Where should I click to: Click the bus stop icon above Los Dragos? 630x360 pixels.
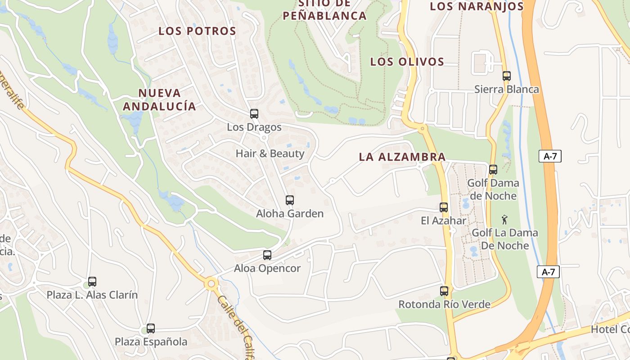click(x=254, y=114)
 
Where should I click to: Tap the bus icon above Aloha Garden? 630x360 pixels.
click(x=290, y=200)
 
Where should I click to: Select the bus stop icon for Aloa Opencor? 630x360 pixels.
click(x=267, y=255)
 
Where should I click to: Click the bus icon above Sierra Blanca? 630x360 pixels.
click(x=507, y=76)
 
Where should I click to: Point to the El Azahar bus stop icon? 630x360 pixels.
click(x=444, y=207)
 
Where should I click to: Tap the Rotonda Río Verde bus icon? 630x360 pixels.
click(x=444, y=291)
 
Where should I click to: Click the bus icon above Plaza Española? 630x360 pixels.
click(x=151, y=328)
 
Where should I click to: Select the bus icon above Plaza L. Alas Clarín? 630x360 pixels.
click(x=92, y=282)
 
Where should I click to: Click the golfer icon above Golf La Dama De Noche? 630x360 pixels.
click(x=504, y=220)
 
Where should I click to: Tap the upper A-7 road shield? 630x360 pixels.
click(x=550, y=156)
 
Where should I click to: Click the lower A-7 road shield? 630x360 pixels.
click(x=548, y=272)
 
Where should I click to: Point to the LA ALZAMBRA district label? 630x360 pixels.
click(x=402, y=157)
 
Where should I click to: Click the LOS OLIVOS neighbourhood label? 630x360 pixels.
click(x=407, y=62)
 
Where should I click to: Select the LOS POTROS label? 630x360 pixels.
click(x=197, y=31)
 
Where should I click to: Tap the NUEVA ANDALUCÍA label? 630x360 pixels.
click(x=159, y=99)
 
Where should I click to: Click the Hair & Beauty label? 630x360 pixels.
click(x=270, y=153)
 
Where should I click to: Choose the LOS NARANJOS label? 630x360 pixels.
click(x=477, y=6)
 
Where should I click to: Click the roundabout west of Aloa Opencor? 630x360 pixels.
click(x=211, y=284)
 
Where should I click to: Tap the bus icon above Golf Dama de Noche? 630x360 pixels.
click(x=493, y=170)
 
